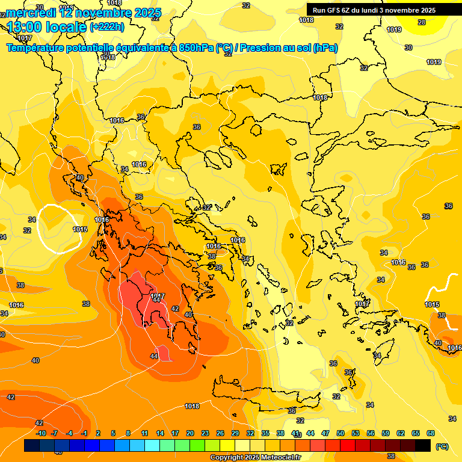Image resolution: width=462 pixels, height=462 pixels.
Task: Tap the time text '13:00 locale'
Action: pyautogui.click(x=47, y=27)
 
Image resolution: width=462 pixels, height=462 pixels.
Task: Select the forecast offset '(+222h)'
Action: pyautogui.click(x=107, y=27)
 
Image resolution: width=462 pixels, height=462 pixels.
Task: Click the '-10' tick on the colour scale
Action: pyautogui.click(x=41, y=433)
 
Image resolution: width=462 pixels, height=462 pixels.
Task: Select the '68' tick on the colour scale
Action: pyautogui.click(x=431, y=433)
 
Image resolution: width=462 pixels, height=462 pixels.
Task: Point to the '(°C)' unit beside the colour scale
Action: pyautogui.click(x=442, y=446)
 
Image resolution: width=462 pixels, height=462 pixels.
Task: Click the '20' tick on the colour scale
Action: pyautogui.click(x=190, y=433)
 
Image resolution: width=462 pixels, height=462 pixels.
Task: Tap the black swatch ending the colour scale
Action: pyautogui.click(x=423, y=445)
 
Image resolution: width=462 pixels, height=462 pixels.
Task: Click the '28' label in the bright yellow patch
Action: pyautogui.click(x=422, y=22)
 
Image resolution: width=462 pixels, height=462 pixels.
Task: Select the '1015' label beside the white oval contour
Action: pyautogui.click(x=81, y=229)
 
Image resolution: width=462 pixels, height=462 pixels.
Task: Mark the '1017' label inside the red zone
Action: pyautogui.click(x=158, y=296)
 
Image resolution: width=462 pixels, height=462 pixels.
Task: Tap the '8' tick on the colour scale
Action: pyautogui.click(x=128, y=433)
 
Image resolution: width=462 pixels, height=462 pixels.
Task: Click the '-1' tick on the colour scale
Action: pyautogui.click(x=84, y=433)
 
